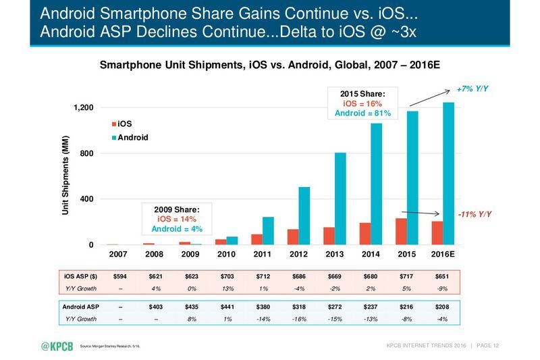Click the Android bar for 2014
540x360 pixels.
[x=377, y=184]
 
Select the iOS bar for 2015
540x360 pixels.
[x=401, y=232]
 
